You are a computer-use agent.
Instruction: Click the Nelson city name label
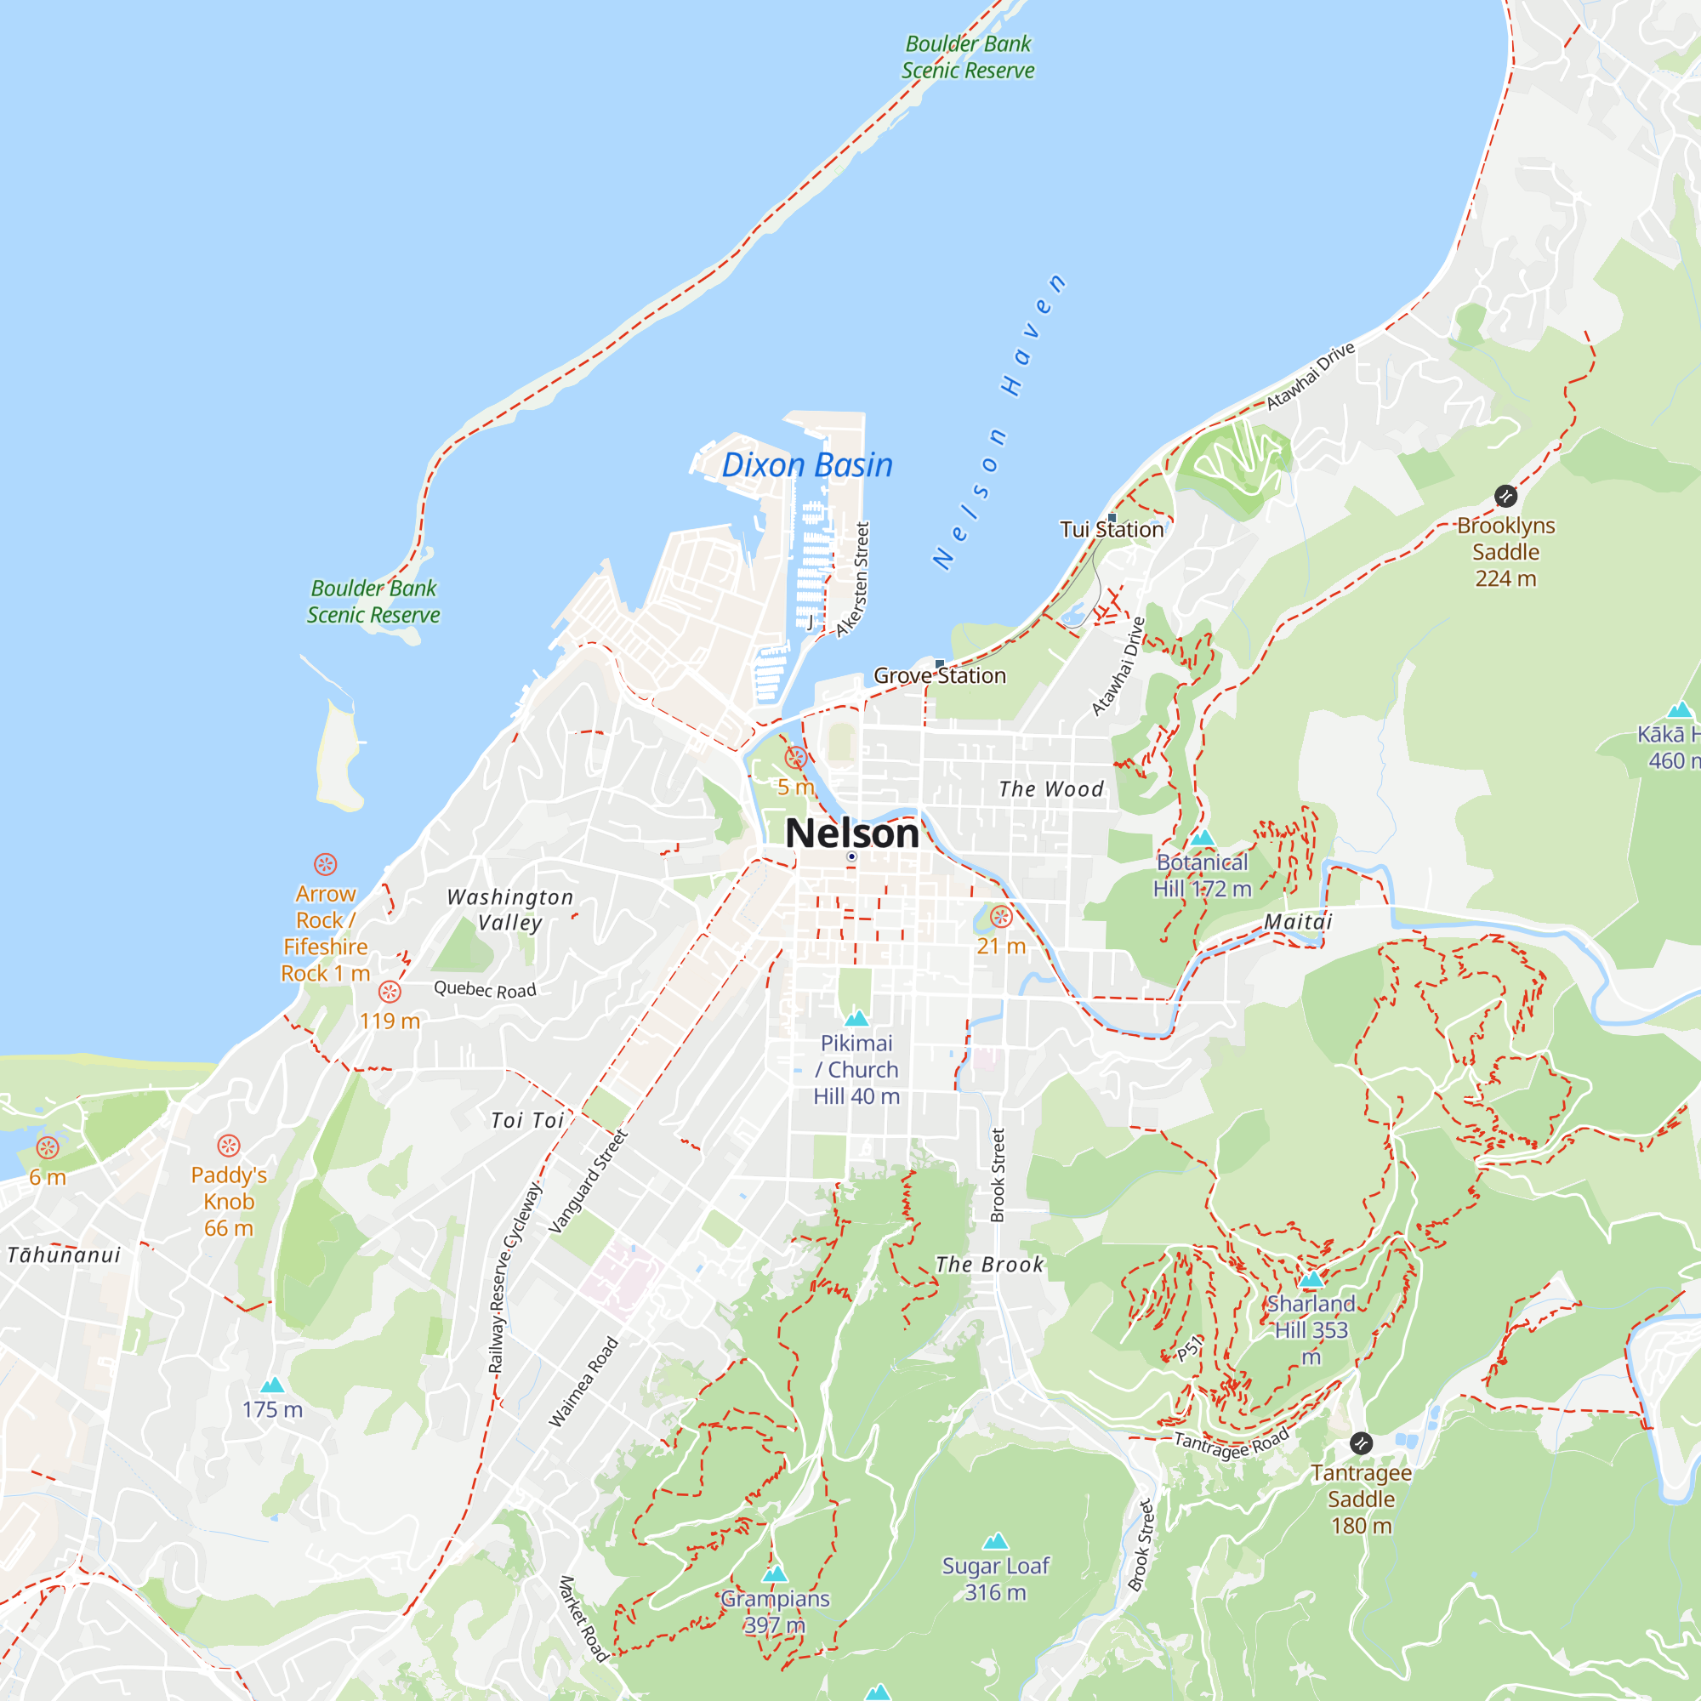(x=851, y=833)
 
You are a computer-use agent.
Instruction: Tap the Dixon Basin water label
(x=806, y=465)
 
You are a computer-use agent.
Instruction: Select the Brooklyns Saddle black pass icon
(x=1505, y=496)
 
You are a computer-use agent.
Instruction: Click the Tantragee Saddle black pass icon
(x=1360, y=1443)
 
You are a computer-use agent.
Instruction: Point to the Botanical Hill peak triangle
(x=1203, y=837)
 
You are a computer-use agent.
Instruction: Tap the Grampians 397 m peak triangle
(x=775, y=1573)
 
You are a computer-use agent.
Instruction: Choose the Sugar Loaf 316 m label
(x=995, y=1579)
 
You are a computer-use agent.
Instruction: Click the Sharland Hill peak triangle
(x=1311, y=1279)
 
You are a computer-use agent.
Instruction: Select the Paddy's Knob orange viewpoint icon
(x=229, y=1146)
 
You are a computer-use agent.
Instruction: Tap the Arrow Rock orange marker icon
(x=325, y=864)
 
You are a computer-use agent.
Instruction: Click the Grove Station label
(x=940, y=675)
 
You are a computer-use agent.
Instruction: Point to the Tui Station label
(x=1111, y=529)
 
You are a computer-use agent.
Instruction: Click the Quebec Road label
(x=485, y=989)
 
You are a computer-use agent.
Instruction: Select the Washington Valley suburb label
(x=509, y=909)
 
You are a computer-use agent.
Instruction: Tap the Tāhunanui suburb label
(x=64, y=1254)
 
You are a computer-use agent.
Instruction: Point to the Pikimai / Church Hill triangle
(x=856, y=1020)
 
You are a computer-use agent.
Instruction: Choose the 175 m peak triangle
(x=272, y=1385)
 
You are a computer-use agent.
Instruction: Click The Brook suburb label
(x=989, y=1265)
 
